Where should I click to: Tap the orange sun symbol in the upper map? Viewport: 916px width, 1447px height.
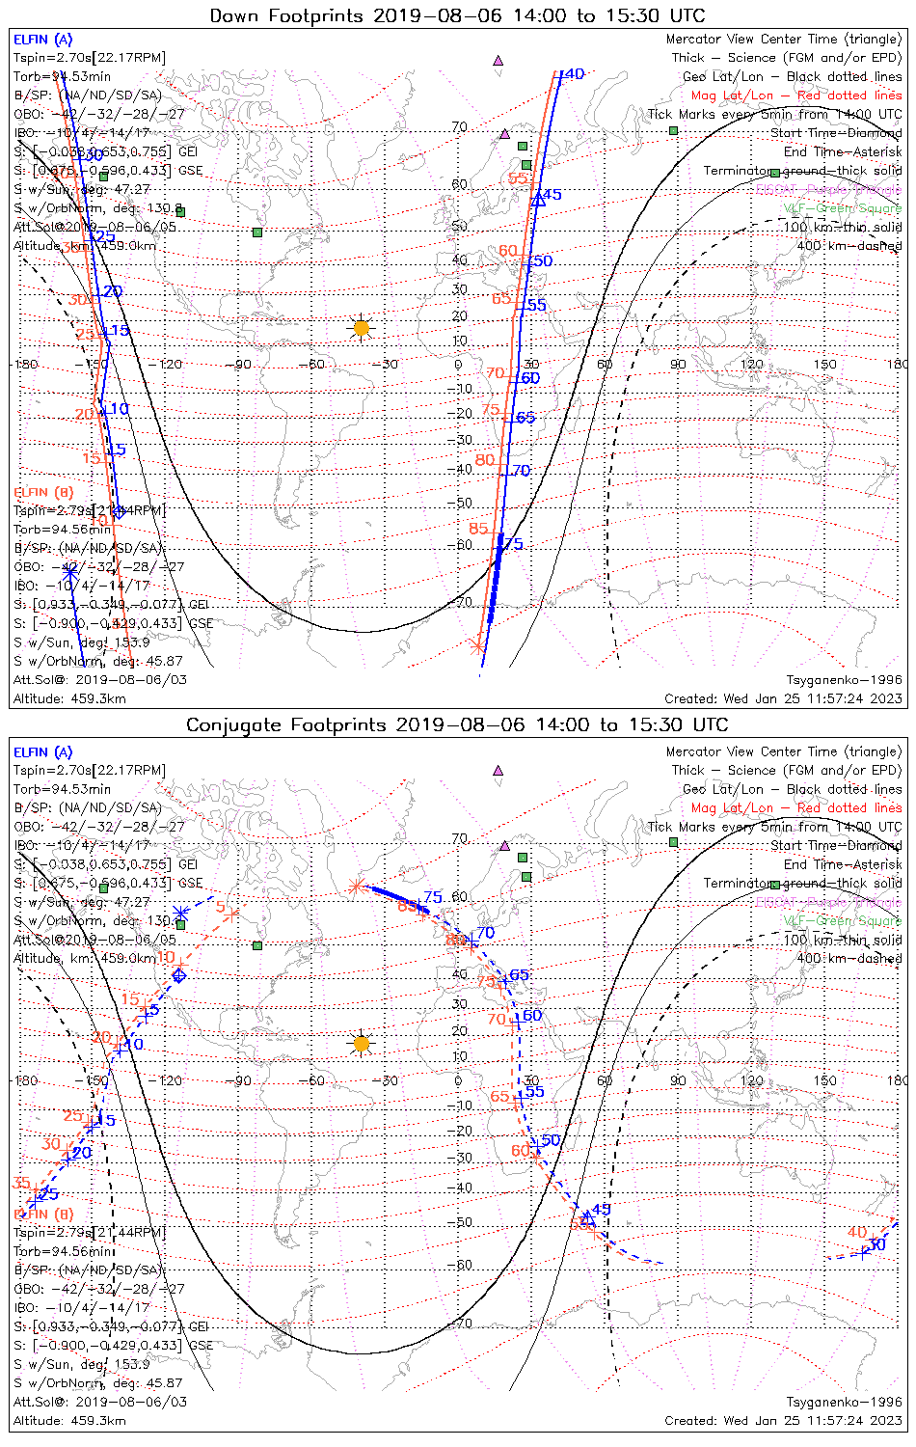coord(361,329)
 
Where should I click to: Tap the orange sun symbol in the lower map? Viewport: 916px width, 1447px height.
coord(361,1044)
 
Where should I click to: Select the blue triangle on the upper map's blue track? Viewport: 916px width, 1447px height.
coord(539,200)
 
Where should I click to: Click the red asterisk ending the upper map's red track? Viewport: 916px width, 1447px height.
coord(477,646)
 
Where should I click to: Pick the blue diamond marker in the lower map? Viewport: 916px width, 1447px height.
coord(179,975)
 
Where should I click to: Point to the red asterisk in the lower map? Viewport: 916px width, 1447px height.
coord(356,886)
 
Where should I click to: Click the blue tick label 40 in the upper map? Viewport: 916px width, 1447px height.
coord(574,74)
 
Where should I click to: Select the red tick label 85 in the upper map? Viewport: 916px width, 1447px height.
coord(479,529)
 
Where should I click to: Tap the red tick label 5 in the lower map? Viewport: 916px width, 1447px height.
coord(220,907)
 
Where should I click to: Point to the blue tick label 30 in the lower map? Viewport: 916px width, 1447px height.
coord(876,1245)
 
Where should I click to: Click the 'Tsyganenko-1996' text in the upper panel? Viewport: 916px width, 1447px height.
coord(844,680)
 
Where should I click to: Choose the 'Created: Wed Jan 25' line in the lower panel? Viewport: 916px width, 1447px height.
coord(783,1420)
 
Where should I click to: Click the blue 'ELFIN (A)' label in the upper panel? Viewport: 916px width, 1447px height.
coord(42,40)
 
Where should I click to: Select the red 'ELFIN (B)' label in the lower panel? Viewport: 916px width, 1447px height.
coord(42,1214)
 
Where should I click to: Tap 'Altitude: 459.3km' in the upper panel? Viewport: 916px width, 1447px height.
coord(69,698)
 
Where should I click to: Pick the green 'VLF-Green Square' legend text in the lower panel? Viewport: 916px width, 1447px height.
coord(842,921)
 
